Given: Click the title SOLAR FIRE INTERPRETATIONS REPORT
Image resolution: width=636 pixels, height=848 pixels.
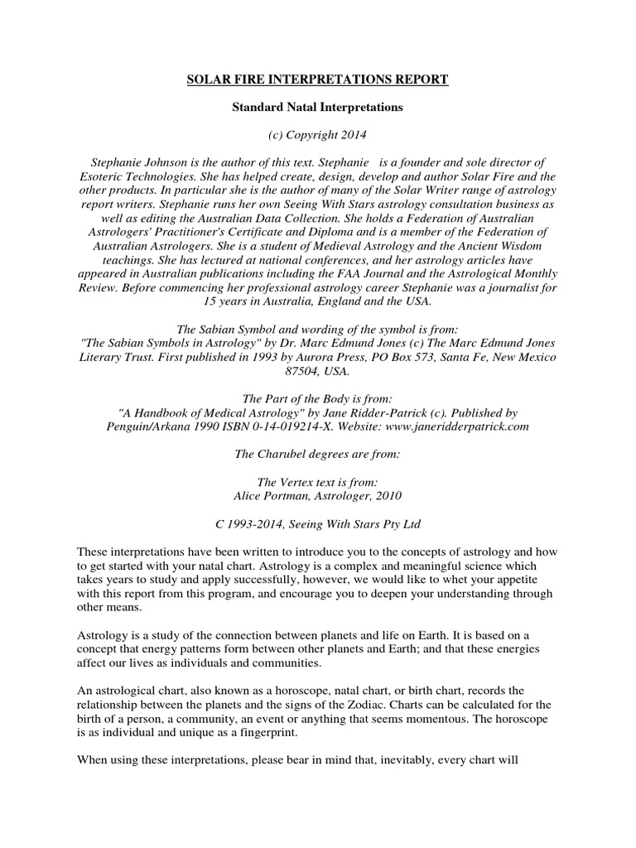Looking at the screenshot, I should [x=317, y=79].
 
